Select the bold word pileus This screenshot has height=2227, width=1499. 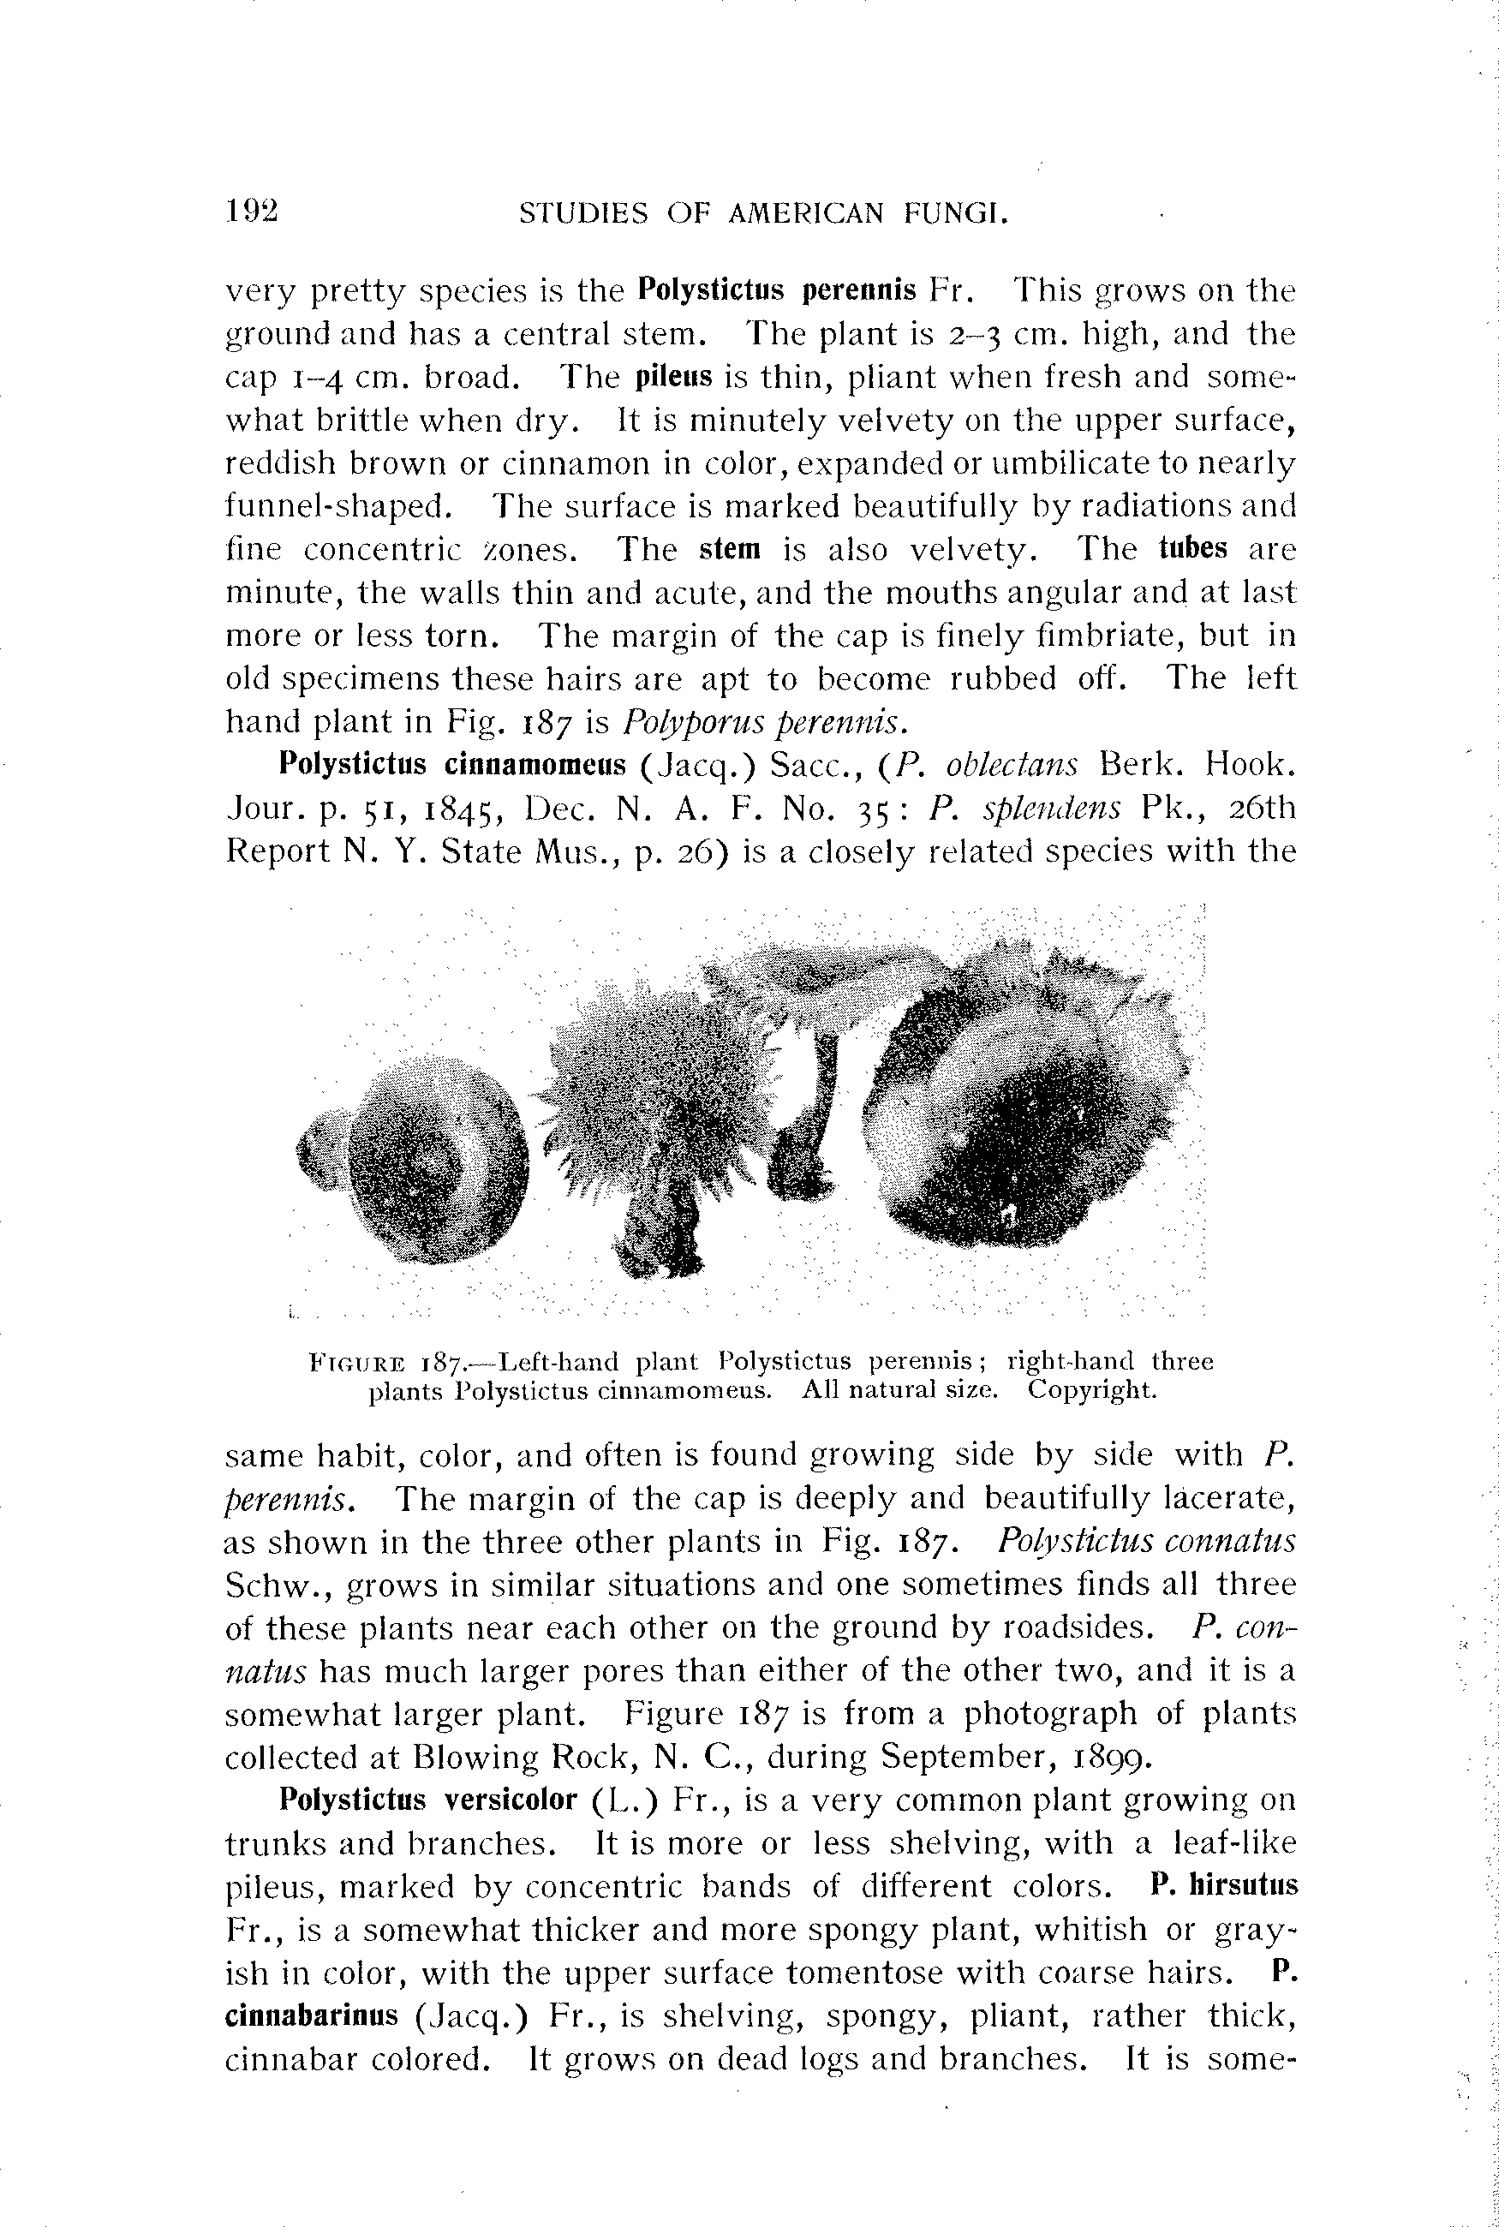coord(674,377)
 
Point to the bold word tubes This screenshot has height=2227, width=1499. coord(1192,549)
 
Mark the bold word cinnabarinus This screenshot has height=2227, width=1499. coord(312,2015)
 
